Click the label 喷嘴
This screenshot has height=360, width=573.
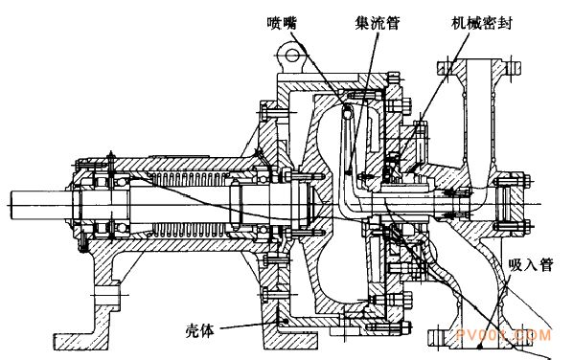(x=282, y=23)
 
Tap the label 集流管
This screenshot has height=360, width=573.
(x=378, y=23)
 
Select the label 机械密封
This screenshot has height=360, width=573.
(x=482, y=23)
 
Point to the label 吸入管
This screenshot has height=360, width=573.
(x=531, y=265)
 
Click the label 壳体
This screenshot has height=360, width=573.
(x=199, y=331)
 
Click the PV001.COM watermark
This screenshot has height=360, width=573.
(x=504, y=335)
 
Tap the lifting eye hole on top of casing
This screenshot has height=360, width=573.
(x=292, y=56)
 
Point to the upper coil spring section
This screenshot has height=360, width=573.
(x=187, y=179)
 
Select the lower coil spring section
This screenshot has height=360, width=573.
(x=187, y=229)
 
